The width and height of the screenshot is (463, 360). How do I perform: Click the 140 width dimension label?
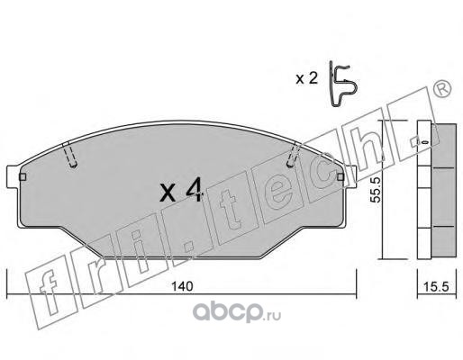(x=182, y=286)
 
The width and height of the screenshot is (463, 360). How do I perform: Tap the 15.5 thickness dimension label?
(x=436, y=287)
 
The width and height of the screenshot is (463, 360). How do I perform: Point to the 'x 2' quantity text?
(x=306, y=79)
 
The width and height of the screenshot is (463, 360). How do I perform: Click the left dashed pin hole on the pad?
(x=70, y=155)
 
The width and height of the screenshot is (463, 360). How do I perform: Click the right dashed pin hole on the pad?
(x=294, y=155)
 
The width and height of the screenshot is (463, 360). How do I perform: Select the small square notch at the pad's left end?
(x=23, y=177)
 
